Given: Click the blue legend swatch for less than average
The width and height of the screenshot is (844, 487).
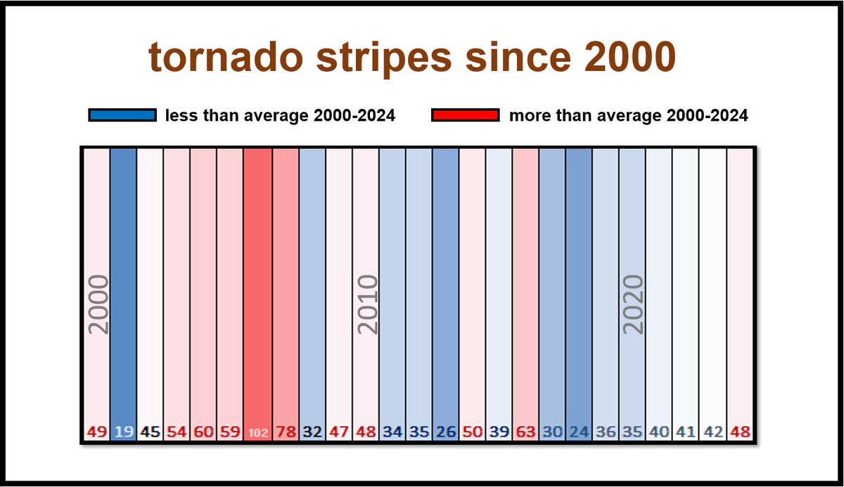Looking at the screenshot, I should point(122,115).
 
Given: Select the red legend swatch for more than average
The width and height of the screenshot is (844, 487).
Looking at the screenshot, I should point(466,115).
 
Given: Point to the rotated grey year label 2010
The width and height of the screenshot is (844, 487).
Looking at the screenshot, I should point(367,304).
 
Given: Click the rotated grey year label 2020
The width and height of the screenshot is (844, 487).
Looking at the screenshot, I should point(633,304).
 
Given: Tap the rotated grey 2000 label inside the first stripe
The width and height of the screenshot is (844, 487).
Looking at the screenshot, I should point(98,304).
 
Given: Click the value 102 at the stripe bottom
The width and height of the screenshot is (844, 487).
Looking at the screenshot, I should point(258,433).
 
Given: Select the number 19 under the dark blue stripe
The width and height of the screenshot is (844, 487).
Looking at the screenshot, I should point(123,432).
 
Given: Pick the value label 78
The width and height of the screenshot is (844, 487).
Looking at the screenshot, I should point(285,432).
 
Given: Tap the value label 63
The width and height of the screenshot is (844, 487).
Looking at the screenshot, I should point(525,432).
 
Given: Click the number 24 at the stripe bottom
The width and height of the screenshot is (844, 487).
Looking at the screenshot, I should point(579,432).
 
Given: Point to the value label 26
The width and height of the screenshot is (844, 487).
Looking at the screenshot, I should point(445,432).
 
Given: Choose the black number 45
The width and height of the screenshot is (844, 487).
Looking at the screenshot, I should point(150,432).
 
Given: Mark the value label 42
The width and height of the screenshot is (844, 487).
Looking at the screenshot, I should point(712,432).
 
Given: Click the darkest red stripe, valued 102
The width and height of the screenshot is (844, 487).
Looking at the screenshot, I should point(258,281).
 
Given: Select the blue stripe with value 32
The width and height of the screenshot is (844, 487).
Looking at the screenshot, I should point(312,281).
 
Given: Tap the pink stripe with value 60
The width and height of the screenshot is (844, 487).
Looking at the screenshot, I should point(204,281).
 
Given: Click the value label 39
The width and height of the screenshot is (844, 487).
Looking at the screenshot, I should point(499,432).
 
